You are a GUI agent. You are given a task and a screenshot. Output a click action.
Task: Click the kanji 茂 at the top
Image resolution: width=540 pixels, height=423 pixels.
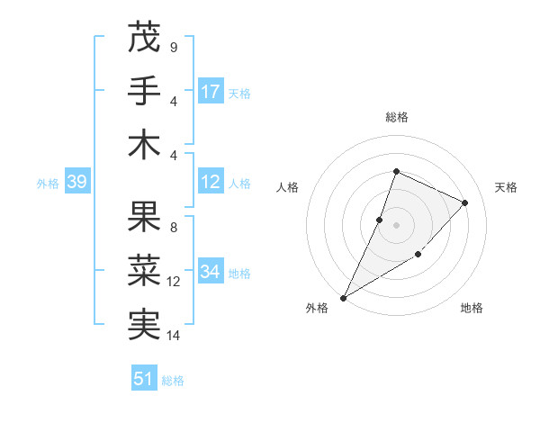click(x=144, y=38)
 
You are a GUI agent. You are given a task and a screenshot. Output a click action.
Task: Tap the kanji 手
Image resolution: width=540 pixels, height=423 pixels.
click(x=144, y=91)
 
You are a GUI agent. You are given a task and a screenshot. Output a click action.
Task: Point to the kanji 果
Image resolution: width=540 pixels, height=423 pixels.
click(x=144, y=217)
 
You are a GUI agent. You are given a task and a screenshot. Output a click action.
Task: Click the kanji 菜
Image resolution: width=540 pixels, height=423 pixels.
click(x=144, y=270)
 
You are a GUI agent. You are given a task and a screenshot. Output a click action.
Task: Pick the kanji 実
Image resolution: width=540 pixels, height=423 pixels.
click(x=144, y=324)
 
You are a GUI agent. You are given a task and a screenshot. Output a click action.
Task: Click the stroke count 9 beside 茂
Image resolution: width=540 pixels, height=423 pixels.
click(x=173, y=48)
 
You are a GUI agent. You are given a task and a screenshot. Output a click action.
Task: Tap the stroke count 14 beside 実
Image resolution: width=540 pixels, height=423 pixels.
click(x=175, y=336)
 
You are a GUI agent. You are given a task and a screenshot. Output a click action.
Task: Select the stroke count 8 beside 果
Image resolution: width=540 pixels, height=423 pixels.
click(x=173, y=228)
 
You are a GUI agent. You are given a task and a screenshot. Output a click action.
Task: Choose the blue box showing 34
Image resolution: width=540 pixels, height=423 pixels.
click(x=211, y=271)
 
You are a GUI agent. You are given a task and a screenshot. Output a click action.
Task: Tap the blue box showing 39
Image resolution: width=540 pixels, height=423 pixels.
click(x=76, y=183)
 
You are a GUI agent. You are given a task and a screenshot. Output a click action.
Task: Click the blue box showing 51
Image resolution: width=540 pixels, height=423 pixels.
click(x=144, y=379)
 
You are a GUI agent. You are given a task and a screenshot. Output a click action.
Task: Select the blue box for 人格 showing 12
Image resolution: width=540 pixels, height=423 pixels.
click(x=211, y=182)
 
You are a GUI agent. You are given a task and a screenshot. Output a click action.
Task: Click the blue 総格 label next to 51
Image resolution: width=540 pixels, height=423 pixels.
click(x=173, y=381)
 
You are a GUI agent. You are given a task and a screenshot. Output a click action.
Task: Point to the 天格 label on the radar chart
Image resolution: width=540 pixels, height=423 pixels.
click(x=506, y=187)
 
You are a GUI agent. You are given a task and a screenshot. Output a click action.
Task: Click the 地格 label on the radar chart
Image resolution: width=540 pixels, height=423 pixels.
click(x=472, y=308)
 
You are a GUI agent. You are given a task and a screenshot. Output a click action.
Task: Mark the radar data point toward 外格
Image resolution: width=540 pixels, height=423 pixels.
click(x=343, y=297)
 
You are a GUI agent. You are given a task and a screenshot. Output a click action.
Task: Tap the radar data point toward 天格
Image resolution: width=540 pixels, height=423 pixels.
click(x=464, y=202)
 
